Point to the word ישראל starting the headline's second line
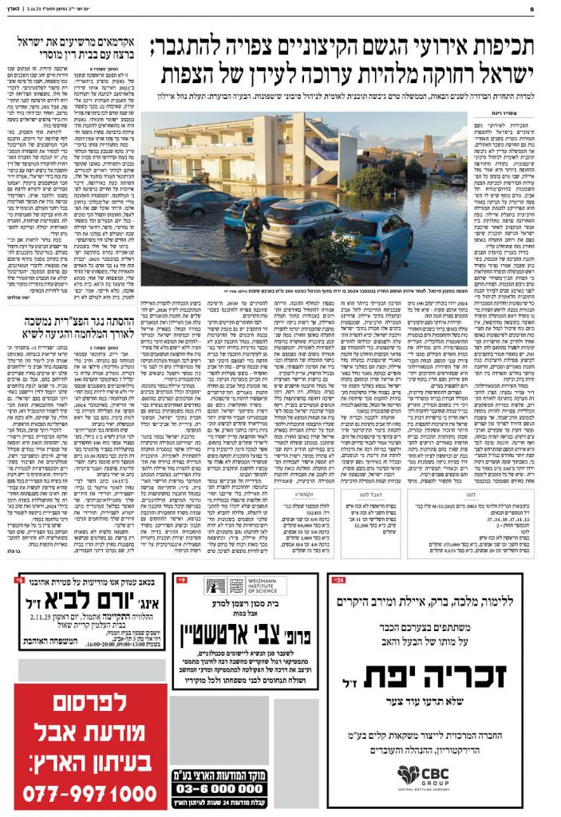(488, 77)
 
